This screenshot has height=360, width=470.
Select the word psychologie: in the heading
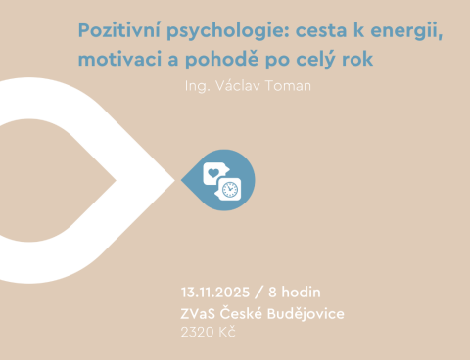coord(227,26)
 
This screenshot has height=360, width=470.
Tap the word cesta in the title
coord(326,26)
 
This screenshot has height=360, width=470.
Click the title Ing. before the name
coord(195,85)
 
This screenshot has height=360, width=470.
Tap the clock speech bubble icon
coord(230,188)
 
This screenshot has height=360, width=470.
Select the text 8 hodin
coord(294,292)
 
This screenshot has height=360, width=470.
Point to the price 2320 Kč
coord(208,333)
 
